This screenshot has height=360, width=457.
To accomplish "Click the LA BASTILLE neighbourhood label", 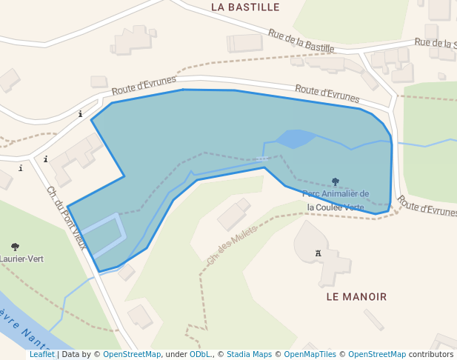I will (245, 7).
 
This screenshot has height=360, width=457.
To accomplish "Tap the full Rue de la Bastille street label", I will (301, 41).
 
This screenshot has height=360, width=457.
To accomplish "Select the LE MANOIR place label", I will (356, 296).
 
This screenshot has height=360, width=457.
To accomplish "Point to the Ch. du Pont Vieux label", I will (67, 217).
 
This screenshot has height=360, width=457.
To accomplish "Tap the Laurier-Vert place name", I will (21, 259).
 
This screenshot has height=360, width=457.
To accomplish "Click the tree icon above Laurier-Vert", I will (15, 247).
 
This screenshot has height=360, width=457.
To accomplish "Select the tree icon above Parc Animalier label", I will (336, 181).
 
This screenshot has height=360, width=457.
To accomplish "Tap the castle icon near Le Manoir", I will (319, 253).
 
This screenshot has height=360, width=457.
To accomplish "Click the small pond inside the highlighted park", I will (295, 139).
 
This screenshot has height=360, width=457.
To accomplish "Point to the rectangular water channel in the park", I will (103, 236).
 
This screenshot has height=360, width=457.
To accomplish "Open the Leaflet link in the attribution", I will (41, 355).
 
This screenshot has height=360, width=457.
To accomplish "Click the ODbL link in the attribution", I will (199, 355).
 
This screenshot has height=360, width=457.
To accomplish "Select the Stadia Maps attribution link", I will (249, 355).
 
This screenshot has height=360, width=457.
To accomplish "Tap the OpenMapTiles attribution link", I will (310, 355).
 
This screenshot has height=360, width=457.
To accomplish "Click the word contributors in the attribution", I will (430, 355).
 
